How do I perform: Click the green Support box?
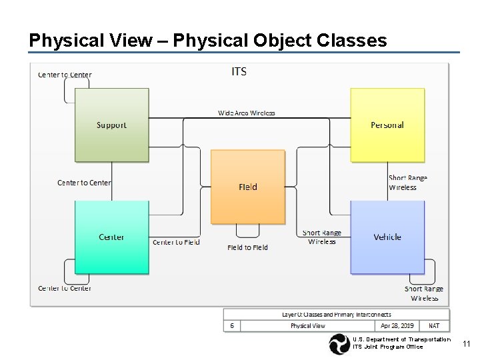(x=111, y=125)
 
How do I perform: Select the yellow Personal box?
(x=387, y=125)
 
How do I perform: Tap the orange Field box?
(x=247, y=187)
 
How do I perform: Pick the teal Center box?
(x=111, y=237)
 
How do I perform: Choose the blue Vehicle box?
(x=387, y=237)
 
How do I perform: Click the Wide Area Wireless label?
(x=247, y=113)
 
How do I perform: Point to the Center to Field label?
(x=176, y=242)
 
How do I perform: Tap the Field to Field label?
(x=247, y=247)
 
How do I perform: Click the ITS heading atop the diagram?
(x=239, y=71)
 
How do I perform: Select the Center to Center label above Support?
(x=65, y=75)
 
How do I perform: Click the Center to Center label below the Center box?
(x=65, y=288)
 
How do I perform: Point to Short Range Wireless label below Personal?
(x=407, y=183)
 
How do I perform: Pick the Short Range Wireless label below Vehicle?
(x=424, y=293)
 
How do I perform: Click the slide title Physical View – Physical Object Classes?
(x=207, y=41)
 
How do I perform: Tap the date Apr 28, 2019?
(x=397, y=326)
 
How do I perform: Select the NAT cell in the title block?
(x=434, y=326)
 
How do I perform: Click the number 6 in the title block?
(x=231, y=326)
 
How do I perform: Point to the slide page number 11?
(x=467, y=343)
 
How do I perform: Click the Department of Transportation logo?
(x=339, y=344)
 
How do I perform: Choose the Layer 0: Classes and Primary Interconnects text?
(x=337, y=315)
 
